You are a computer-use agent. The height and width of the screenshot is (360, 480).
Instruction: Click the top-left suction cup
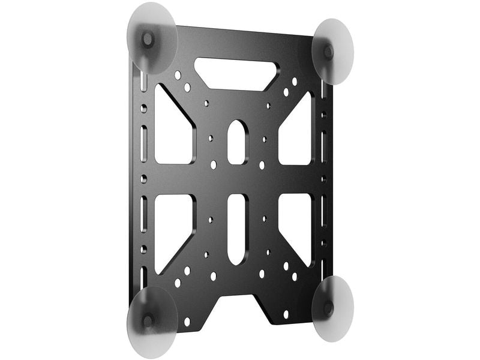[152, 38]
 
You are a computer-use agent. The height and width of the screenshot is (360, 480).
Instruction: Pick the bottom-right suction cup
[332, 308]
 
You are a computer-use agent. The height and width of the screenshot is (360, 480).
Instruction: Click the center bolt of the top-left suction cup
[148, 40]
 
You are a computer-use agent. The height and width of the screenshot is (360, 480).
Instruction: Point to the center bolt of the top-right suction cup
[329, 52]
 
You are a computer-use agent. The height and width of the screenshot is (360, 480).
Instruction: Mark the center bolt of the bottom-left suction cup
[148, 320]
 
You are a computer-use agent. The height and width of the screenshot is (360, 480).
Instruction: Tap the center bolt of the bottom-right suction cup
[328, 308]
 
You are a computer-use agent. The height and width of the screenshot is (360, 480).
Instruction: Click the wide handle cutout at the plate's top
[236, 73]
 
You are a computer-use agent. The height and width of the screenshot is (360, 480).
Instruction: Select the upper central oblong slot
[237, 142]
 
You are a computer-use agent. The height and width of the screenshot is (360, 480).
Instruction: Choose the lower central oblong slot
[237, 229]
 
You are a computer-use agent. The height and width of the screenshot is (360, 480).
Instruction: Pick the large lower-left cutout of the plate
[172, 232]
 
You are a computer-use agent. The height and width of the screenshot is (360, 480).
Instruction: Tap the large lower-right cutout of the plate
[297, 228]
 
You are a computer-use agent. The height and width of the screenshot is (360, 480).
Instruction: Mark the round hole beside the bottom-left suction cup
[187, 322]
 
